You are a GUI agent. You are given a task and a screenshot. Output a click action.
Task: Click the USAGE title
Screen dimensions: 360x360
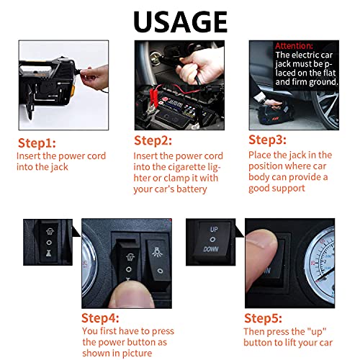click(180, 22)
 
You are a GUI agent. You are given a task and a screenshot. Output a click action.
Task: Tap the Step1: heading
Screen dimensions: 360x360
click(37, 143)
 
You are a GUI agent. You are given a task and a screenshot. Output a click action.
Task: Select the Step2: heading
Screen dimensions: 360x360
click(153, 140)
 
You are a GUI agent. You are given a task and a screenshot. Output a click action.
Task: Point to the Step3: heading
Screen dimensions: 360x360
click(267, 140)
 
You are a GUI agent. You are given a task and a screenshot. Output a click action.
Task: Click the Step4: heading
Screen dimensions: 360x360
click(100, 318)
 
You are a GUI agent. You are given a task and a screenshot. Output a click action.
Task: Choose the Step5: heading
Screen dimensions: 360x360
click(263, 318)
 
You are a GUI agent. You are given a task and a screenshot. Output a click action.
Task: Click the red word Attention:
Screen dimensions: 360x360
click(294, 46)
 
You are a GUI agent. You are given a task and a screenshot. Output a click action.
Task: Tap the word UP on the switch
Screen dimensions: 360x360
click(214, 230)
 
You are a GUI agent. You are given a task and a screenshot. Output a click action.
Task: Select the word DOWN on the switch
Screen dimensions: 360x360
click(211, 249)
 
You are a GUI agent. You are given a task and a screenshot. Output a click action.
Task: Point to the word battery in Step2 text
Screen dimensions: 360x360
click(192, 189)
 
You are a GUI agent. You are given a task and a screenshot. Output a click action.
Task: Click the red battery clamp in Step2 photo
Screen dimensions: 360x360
click(154, 99)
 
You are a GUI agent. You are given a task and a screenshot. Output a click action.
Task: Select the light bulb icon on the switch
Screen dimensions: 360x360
click(157, 252)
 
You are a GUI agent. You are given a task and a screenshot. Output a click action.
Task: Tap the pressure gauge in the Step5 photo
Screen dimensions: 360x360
click(320, 264)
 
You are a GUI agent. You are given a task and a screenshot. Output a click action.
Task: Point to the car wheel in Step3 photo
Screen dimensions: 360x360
click(325, 108)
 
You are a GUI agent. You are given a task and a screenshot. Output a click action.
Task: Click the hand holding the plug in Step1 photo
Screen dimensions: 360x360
click(95, 76)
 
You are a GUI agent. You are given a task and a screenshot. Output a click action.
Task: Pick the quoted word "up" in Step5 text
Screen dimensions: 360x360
click(317, 332)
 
